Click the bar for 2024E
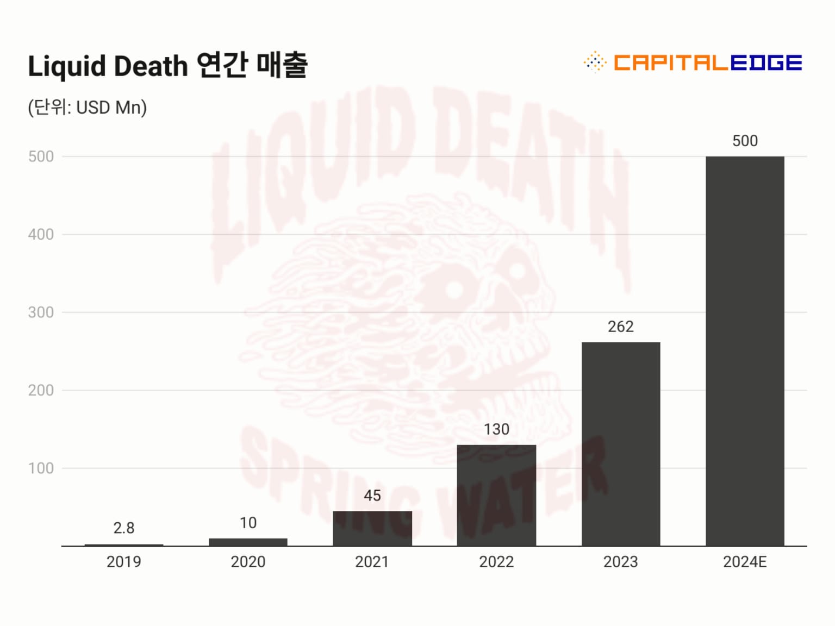point(745,350)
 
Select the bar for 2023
point(621,443)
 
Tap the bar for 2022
point(496,495)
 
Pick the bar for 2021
point(372,528)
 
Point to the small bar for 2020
point(248,542)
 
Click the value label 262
point(621,327)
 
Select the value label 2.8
point(124,528)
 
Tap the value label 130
point(496,429)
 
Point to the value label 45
point(372,496)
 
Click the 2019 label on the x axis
point(124,562)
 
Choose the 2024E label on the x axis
point(745,562)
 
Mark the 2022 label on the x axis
point(496,562)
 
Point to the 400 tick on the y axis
point(41,235)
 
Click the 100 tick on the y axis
point(41,468)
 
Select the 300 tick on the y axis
point(41,312)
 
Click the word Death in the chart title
point(151,66)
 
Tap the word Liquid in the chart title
point(67,67)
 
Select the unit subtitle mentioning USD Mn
point(88,108)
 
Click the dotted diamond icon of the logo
point(595,62)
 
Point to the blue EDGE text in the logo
point(766,62)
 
